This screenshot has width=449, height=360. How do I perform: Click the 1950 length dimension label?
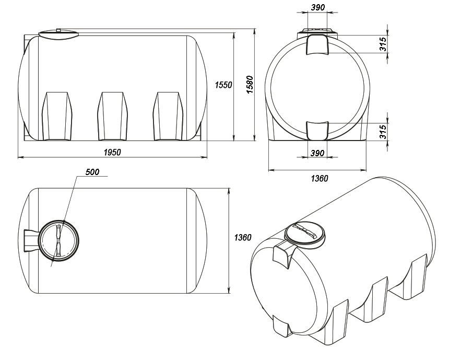[x=112, y=152]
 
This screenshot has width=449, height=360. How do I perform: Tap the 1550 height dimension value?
[x=223, y=85]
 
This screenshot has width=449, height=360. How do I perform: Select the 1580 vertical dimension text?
[x=250, y=85]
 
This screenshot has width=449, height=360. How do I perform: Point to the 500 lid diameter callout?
[x=92, y=172]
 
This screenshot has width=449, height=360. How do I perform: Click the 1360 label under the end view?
[x=320, y=179]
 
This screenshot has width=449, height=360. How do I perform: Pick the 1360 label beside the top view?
[x=243, y=238]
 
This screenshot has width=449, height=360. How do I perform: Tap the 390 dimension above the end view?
[x=318, y=7]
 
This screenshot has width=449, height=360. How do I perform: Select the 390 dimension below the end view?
[x=317, y=153]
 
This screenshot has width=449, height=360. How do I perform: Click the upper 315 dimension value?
[x=383, y=44]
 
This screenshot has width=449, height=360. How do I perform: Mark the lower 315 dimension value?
[x=383, y=131]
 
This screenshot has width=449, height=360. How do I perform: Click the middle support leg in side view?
[x=112, y=117]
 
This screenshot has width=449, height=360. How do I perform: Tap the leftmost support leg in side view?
[x=57, y=117]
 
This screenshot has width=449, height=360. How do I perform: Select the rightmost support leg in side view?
[x=168, y=117]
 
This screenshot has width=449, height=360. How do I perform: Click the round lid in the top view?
[x=58, y=240]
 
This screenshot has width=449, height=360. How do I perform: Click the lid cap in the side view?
[x=58, y=33]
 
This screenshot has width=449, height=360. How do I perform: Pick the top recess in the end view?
[x=317, y=44]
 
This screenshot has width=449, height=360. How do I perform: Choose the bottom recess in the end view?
[x=317, y=131]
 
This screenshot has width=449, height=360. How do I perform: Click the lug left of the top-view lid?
[x=31, y=240]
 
